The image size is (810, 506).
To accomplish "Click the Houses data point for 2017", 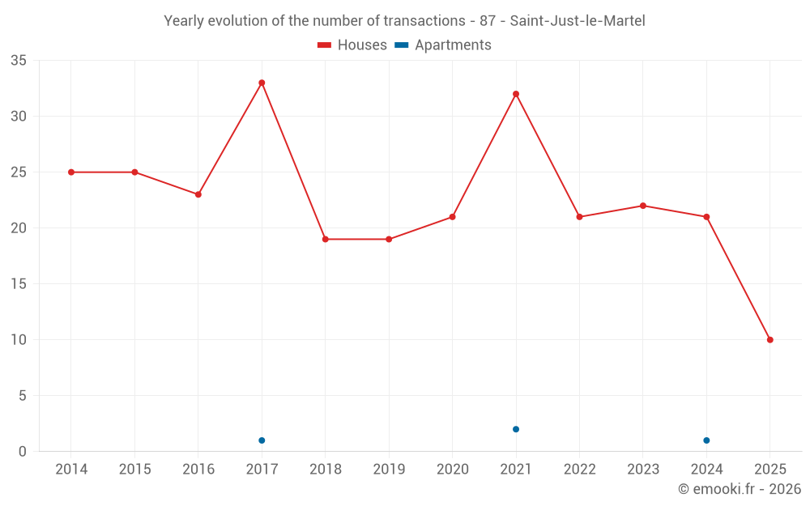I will [x=262, y=83].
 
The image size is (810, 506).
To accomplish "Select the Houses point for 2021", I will [x=516, y=94].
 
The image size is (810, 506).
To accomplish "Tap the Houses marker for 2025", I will [x=769, y=340].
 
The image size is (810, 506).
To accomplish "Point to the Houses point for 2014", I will [x=71, y=172].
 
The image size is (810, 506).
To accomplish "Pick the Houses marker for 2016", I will [x=198, y=194].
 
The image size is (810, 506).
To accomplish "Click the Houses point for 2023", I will [x=643, y=206].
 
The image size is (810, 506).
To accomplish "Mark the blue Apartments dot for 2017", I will [x=262, y=440].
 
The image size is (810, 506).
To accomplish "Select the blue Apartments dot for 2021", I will [x=516, y=429].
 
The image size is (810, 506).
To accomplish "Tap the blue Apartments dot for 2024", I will [x=706, y=440].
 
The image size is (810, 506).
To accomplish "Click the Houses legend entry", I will [x=352, y=45].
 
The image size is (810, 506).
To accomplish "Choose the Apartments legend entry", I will [x=443, y=45].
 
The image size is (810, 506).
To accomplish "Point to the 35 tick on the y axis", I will [x=19, y=61].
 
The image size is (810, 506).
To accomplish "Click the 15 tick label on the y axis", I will [x=19, y=284].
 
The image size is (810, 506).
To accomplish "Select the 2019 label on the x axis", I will [x=389, y=470].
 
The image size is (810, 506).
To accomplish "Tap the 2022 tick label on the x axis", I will [x=579, y=470].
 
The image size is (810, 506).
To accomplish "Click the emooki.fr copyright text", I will [x=739, y=489].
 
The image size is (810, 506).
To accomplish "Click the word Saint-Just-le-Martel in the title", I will [x=578, y=21].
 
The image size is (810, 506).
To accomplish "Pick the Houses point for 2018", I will [x=326, y=240].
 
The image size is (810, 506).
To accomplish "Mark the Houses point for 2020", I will [x=452, y=217].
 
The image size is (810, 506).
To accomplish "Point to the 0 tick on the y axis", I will [x=23, y=452].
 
